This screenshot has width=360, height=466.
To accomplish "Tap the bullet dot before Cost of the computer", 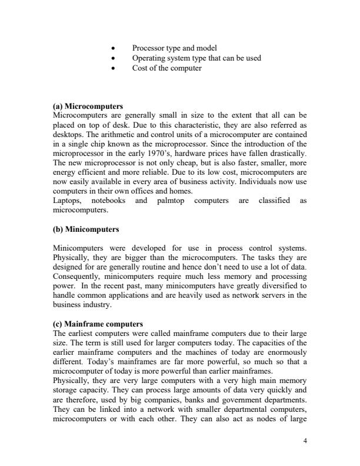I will click(113, 68).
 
